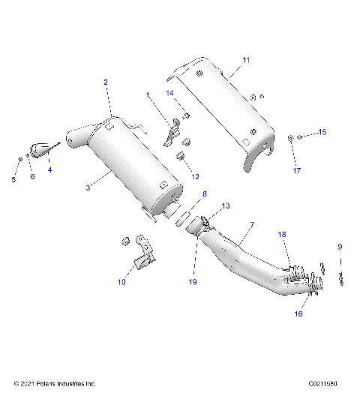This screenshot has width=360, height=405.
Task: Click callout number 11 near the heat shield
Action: (247, 59)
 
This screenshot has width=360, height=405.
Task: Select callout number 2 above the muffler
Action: (106, 82)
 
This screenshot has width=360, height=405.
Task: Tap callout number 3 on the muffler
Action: (88, 187)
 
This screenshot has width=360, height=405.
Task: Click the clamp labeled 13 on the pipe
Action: (204, 222)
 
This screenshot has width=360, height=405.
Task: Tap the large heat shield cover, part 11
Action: (225, 105)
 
